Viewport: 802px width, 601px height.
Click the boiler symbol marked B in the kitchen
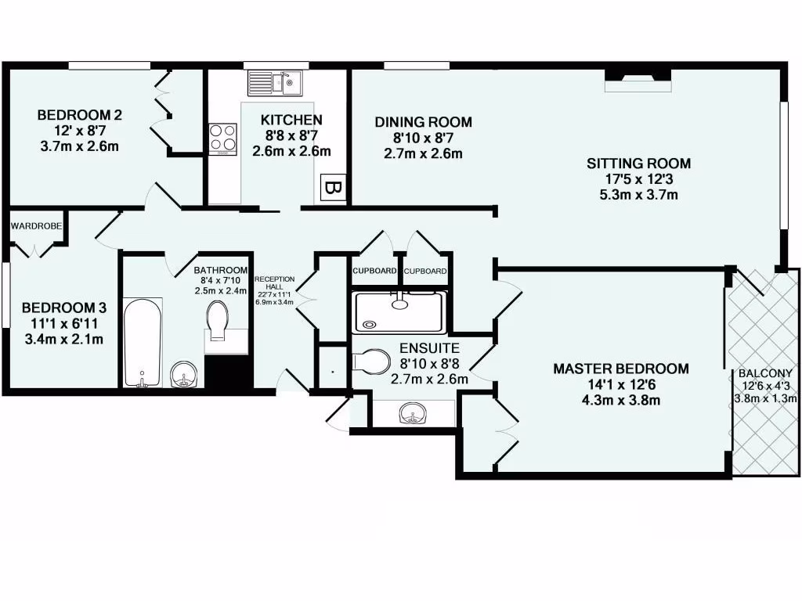click(x=332, y=188)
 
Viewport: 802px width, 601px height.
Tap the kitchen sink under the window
click(x=275, y=81)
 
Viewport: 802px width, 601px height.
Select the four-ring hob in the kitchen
click(x=223, y=139)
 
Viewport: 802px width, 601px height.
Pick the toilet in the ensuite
click(x=370, y=362)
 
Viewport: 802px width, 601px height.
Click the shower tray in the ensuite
click(x=399, y=311)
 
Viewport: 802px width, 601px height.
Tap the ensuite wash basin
click(x=412, y=412)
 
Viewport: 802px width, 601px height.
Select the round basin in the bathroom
click(x=184, y=375)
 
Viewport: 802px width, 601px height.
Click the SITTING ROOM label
click(x=639, y=164)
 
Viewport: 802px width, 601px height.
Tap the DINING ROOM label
click(x=423, y=122)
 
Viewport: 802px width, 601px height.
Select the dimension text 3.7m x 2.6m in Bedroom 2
click(x=79, y=146)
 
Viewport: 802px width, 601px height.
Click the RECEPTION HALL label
click(x=274, y=282)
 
